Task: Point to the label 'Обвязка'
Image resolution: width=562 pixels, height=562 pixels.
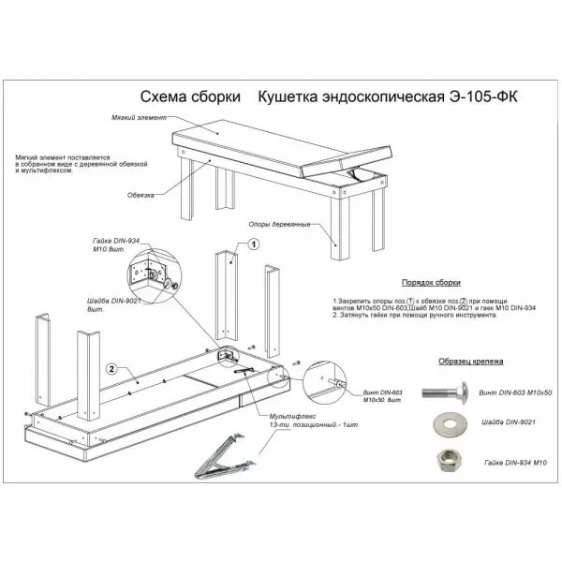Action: tap(140, 196)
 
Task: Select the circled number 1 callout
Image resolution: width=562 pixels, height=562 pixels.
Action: tap(253, 243)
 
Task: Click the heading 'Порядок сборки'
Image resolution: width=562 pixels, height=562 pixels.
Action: tap(431, 282)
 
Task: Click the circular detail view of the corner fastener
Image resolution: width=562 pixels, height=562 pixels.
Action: tap(148, 274)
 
